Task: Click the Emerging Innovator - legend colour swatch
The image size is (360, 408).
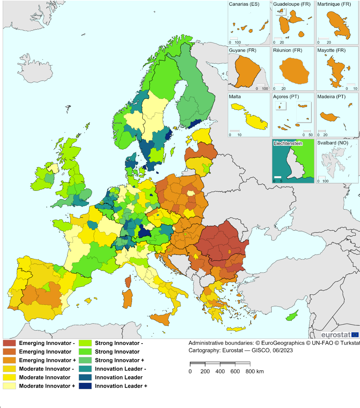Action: click(x=9, y=343)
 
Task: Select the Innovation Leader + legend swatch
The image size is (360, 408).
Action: click(x=85, y=386)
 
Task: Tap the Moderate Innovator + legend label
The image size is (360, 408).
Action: click(x=47, y=386)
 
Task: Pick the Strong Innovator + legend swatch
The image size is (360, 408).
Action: click(x=85, y=360)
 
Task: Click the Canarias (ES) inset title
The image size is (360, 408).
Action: click(x=244, y=4)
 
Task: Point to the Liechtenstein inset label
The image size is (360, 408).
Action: click(x=288, y=143)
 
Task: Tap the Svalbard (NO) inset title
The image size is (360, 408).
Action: click(x=332, y=143)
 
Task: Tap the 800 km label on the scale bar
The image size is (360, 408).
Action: click(x=254, y=372)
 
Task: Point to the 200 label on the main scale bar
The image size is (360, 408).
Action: click(x=205, y=372)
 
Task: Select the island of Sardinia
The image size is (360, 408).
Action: click(x=127, y=298)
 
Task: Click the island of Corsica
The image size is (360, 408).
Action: click(x=128, y=281)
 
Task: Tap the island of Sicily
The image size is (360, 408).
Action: click(x=161, y=318)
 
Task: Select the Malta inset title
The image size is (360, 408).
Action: click(x=235, y=97)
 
